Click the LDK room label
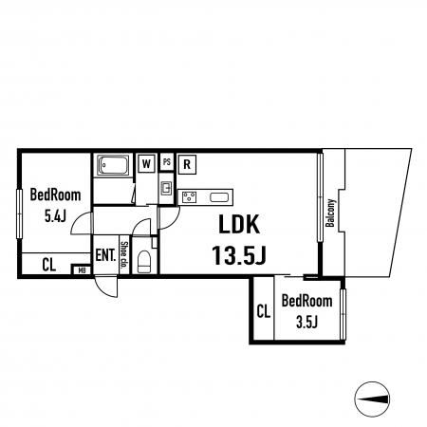239,224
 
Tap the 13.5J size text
239,255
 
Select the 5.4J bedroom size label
55,216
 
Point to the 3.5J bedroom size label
306,322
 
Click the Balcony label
330,213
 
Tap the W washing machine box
146,163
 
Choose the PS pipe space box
167,162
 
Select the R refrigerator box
187,164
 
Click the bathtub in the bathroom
113,165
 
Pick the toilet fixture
144,262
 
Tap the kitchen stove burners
189,197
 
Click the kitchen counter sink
219,197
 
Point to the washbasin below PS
166,189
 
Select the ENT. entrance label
105,255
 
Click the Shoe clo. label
124,253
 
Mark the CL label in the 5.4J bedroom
49,265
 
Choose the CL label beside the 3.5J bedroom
264,311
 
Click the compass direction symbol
372,399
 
